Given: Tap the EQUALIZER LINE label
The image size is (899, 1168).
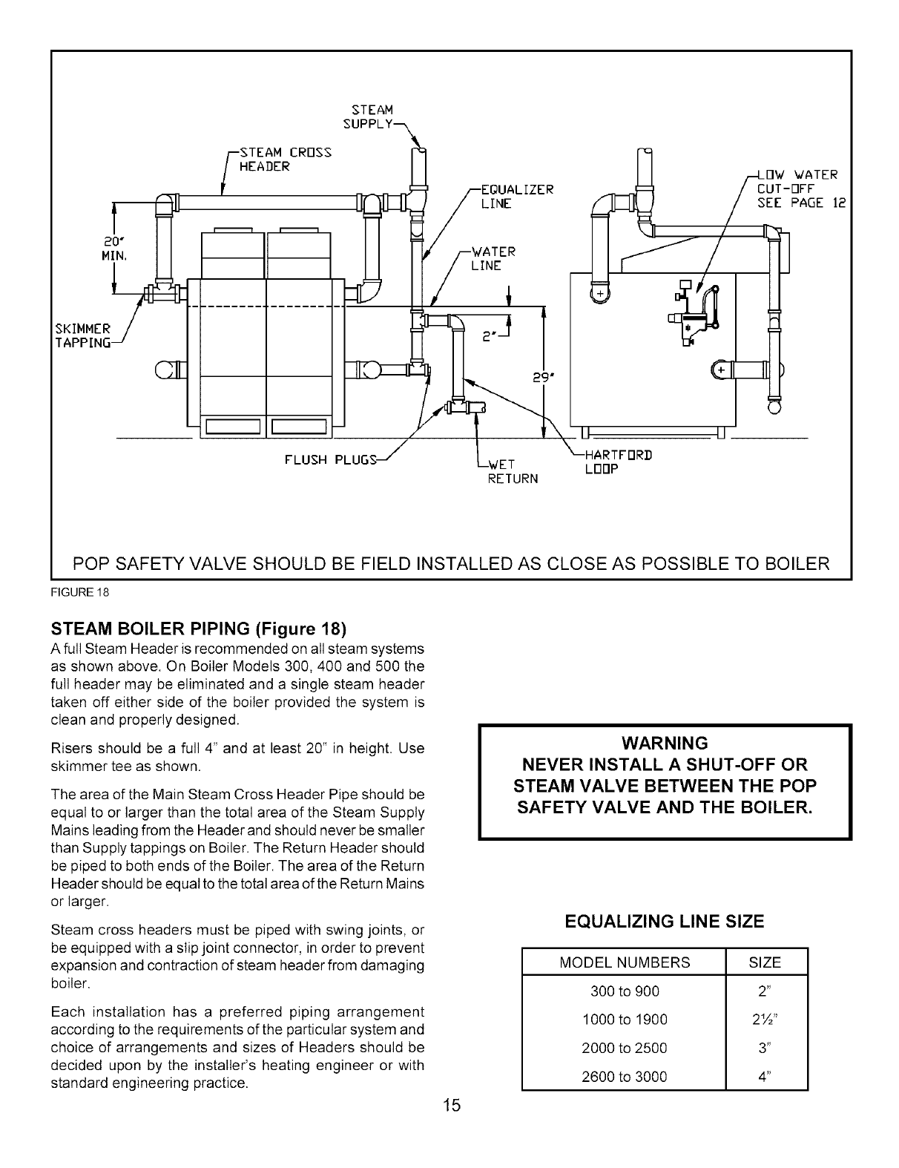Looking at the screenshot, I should (x=517, y=196).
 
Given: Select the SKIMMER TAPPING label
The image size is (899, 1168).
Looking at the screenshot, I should (x=82, y=335).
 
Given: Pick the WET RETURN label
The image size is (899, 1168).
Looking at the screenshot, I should (x=512, y=472).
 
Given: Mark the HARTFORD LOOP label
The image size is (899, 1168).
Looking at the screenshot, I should (x=618, y=462).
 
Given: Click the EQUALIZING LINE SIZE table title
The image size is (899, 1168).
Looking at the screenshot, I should (x=664, y=922).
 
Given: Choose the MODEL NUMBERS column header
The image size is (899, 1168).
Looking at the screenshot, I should (x=625, y=962).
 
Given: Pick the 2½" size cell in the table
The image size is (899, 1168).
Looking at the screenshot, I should (x=765, y=1020).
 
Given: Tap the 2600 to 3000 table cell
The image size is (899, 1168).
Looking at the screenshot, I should (x=625, y=1076).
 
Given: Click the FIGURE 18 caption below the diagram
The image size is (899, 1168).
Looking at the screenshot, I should (x=68, y=592).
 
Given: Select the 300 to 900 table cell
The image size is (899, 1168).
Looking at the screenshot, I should (x=625, y=991).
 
